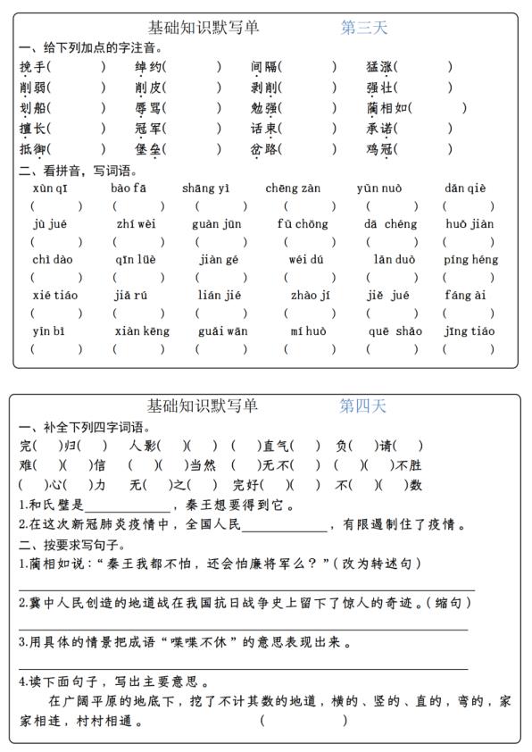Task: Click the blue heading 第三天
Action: point(364,28)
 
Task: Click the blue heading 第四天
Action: point(363,406)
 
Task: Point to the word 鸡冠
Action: point(379,149)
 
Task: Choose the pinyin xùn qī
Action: point(49,188)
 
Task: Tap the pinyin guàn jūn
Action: point(216,224)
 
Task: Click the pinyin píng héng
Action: point(470,260)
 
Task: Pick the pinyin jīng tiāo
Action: point(470,331)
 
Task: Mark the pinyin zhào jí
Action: point(311,296)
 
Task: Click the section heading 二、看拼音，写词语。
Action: point(77,170)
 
